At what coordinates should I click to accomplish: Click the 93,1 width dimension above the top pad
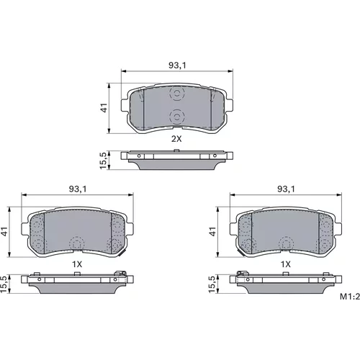click(177, 66)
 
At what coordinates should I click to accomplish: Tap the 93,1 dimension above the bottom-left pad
click(77, 189)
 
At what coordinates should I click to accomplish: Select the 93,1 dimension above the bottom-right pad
click(286, 189)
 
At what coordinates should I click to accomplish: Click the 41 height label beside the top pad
click(104, 108)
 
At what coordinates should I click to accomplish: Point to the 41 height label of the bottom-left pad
click(4, 232)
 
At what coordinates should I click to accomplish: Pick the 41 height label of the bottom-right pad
click(212, 232)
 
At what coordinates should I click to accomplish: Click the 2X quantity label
click(176, 139)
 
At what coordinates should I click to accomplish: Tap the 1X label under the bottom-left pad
click(77, 264)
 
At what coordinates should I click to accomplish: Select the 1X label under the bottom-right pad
click(286, 264)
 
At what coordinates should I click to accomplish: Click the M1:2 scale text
click(350, 297)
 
